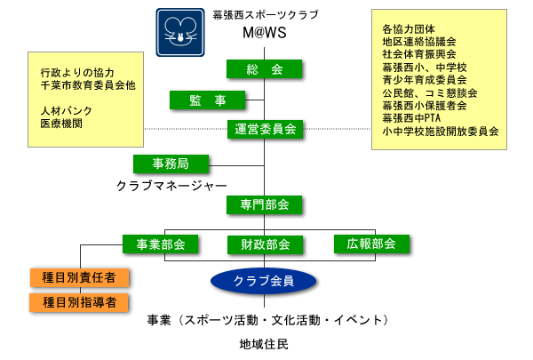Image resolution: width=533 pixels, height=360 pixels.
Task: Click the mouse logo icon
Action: [x=180, y=32]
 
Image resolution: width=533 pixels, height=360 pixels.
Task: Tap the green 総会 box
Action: [x=264, y=69]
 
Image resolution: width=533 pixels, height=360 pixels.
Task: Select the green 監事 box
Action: [x=207, y=100]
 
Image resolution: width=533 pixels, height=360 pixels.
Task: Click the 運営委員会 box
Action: [x=265, y=129]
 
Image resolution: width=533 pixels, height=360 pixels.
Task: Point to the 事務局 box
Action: [x=171, y=164]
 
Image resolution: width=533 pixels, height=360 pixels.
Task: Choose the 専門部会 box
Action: [x=264, y=204]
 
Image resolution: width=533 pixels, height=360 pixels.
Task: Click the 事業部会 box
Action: [x=161, y=244]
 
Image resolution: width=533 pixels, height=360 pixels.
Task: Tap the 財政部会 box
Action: [x=265, y=244]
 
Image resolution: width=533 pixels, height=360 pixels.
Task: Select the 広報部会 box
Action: [x=371, y=244]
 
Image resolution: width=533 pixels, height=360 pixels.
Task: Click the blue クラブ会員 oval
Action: [x=264, y=281]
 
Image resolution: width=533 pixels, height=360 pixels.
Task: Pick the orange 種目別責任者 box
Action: [x=80, y=277]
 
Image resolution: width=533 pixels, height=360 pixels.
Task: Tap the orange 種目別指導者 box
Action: [x=79, y=302]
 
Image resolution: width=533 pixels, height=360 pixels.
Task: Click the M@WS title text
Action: [x=265, y=33]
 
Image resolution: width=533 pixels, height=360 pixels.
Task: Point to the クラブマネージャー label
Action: [x=171, y=186]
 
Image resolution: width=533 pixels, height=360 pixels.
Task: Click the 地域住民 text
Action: [x=264, y=344]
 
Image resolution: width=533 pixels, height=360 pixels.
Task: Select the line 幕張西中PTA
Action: [x=411, y=118]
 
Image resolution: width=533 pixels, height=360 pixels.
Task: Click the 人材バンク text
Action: [x=67, y=111]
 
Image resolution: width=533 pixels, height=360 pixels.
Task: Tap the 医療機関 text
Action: [x=61, y=124]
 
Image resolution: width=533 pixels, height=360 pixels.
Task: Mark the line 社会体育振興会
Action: [x=419, y=54]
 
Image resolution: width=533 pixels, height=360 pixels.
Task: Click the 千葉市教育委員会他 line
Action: [x=88, y=85]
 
